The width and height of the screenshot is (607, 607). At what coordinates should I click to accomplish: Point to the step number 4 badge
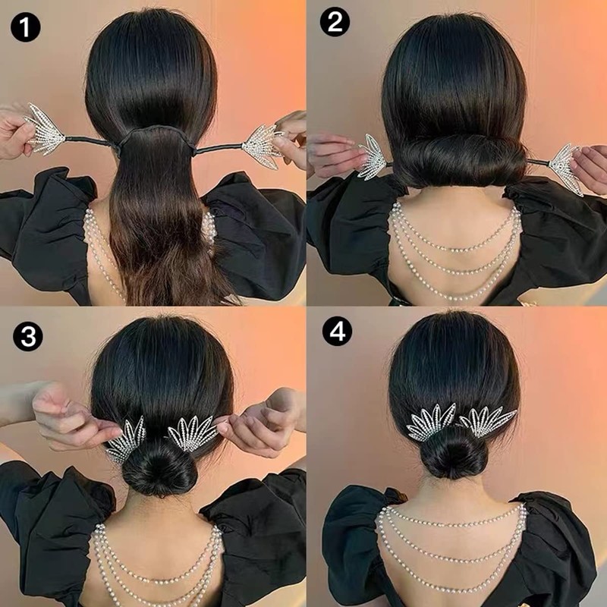336,331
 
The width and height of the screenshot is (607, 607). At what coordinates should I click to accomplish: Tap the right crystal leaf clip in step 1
262,141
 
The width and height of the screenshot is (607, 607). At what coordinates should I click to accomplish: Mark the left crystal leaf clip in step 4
431,422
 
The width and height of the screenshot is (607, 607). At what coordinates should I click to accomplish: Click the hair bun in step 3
159,467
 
